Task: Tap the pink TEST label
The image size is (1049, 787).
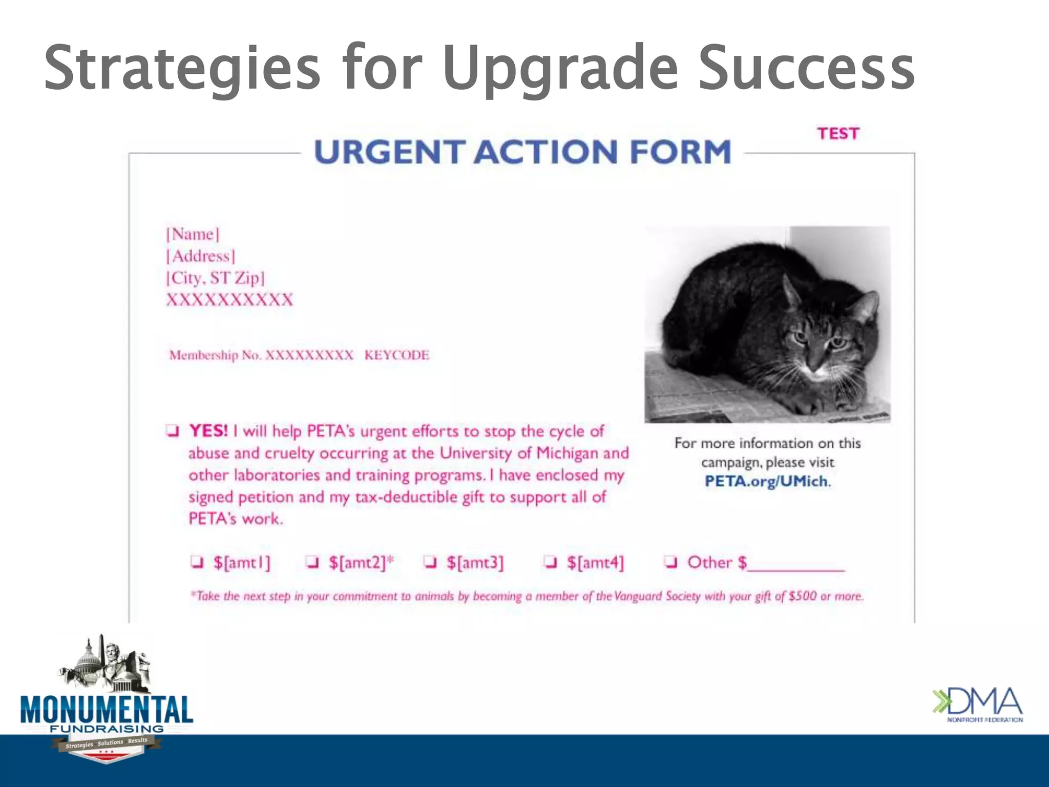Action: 837,134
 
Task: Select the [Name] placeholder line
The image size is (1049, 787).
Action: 193,234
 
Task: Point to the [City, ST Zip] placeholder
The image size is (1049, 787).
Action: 215,278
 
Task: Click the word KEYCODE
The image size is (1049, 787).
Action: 396,355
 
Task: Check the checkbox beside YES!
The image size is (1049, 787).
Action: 173,431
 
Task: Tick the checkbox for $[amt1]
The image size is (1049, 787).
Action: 197,562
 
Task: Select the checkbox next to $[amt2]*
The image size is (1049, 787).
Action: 312,562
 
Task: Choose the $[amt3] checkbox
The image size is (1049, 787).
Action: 431,562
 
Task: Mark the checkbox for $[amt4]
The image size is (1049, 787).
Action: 551,562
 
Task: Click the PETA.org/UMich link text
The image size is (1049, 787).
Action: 766,481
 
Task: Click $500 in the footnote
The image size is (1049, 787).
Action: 802,596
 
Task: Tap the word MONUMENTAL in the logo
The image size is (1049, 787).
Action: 107,710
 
